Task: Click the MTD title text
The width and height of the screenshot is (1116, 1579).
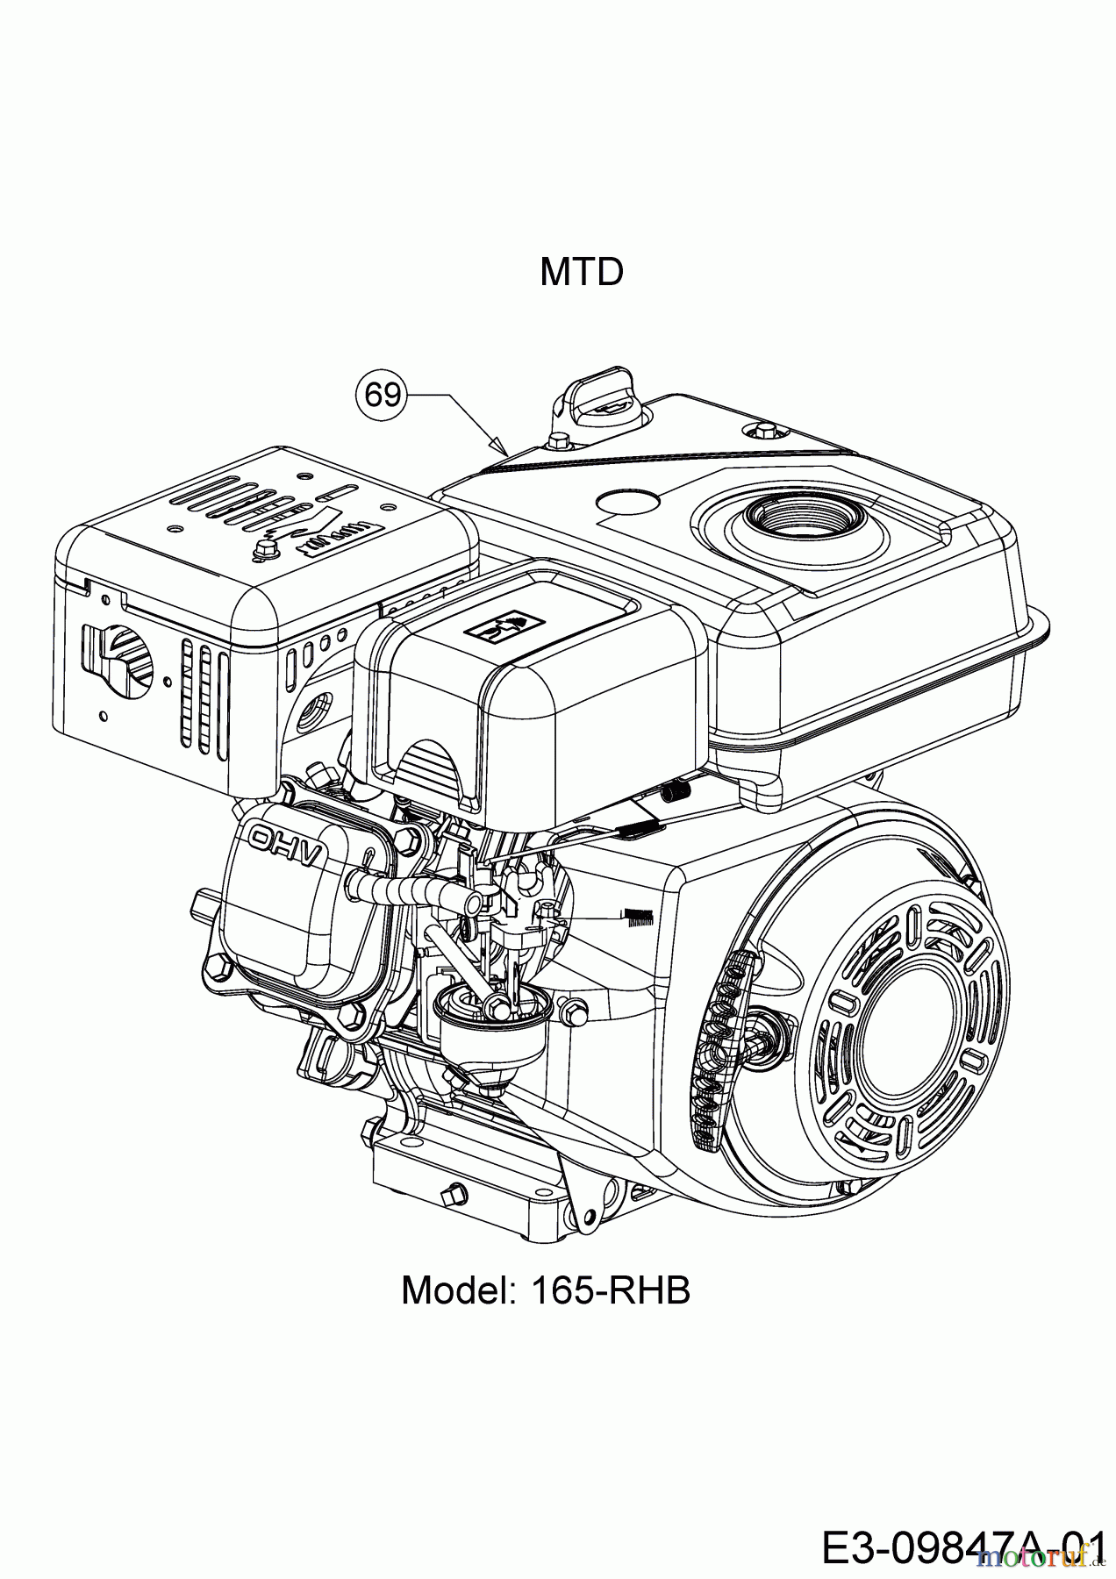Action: coord(581,272)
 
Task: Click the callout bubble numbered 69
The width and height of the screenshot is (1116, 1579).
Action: coord(383,396)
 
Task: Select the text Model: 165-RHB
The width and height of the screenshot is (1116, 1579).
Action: coord(546,1290)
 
